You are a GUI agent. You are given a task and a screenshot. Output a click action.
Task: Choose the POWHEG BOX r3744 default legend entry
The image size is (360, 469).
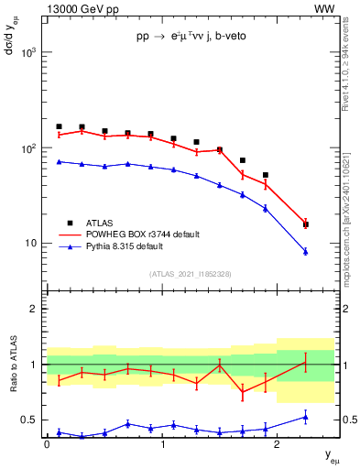pyautogui.click(x=133, y=234)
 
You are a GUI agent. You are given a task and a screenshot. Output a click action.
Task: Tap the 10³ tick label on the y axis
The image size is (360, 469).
pyautogui.click(x=26, y=52)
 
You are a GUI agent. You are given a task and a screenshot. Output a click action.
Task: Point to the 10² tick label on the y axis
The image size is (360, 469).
pyautogui.click(x=26, y=148)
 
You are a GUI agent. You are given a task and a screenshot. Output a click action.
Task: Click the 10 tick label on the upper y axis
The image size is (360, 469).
pyautogui.click(x=29, y=244)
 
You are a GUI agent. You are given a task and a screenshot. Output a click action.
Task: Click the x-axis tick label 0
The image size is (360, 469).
pyautogui.click(x=47, y=444)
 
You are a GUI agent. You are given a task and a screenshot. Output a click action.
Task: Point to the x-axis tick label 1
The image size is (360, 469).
pyautogui.click(x=162, y=444)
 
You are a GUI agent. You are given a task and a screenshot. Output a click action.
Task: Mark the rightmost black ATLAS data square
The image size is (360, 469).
pyautogui.click(x=306, y=224)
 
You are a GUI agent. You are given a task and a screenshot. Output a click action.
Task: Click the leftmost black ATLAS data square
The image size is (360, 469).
pyautogui.click(x=59, y=126)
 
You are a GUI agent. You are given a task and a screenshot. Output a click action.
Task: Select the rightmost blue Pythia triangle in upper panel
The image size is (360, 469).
pyautogui.click(x=306, y=251)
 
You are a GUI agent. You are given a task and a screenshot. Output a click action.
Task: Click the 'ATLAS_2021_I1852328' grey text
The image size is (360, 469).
pyautogui.click(x=191, y=273)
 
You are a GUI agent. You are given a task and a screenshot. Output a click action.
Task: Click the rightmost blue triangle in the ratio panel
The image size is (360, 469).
pyautogui.click(x=306, y=417)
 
